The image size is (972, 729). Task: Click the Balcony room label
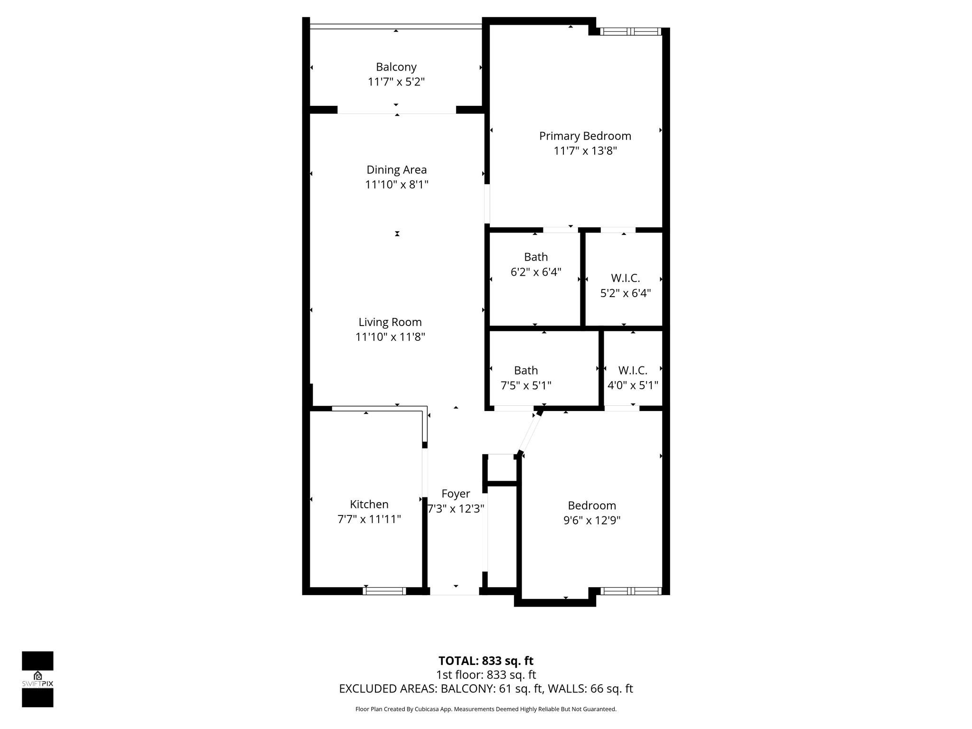click(396, 67)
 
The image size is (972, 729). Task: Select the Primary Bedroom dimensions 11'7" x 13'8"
click(585, 151)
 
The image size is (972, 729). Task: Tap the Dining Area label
click(396, 169)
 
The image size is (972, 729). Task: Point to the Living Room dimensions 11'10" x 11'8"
click(390, 337)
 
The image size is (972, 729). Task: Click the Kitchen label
click(369, 504)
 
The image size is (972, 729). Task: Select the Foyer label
click(455, 494)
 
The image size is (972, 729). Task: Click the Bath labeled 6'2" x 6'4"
click(535, 257)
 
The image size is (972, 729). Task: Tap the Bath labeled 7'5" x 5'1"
click(525, 370)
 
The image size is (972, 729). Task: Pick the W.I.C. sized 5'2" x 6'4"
click(625, 278)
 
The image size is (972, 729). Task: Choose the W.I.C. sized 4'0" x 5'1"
click(632, 370)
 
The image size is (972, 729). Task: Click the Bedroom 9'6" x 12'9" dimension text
click(591, 520)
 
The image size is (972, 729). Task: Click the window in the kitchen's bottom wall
click(384, 591)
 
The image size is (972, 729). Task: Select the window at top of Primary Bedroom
click(630, 32)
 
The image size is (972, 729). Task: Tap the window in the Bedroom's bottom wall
click(630, 591)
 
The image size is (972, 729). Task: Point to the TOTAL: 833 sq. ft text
click(486, 661)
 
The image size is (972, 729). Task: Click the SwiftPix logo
click(37, 679)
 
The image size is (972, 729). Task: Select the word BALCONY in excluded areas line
click(467, 689)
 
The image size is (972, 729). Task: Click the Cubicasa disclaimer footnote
click(486, 709)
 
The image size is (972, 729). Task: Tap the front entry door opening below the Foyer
click(454, 591)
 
